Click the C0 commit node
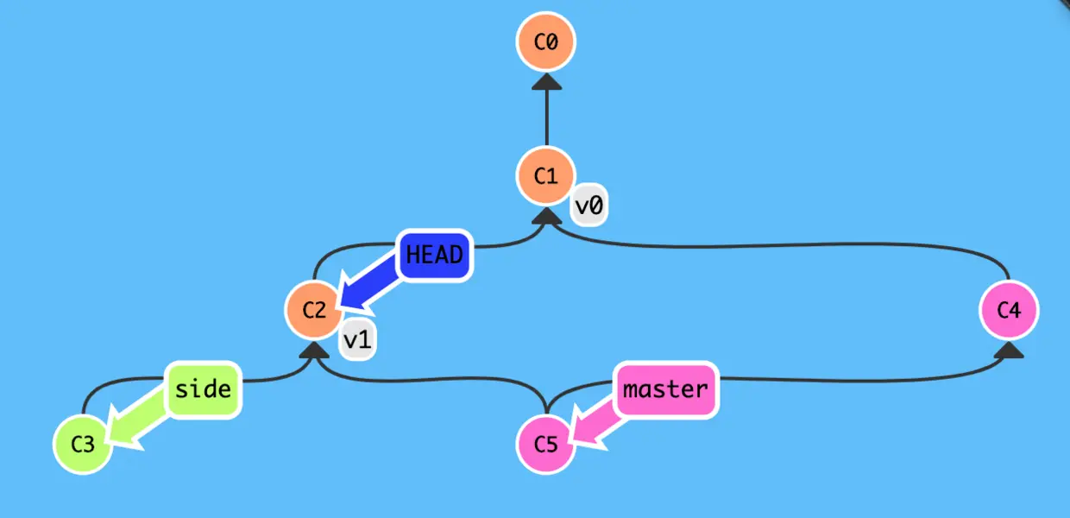(x=545, y=41)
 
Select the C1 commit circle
(x=545, y=176)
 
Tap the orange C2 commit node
(x=314, y=310)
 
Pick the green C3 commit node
(x=82, y=445)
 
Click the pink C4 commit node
(x=1009, y=310)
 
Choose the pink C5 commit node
(x=545, y=445)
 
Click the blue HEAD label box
(x=434, y=256)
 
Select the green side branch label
(x=203, y=389)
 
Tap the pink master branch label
(x=665, y=389)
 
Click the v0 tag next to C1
(x=588, y=207)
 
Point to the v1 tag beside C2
(x=357, y=341)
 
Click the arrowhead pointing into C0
(x=545, y=81)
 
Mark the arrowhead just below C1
(x=545, y=216)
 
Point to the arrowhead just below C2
(x=314, y=351)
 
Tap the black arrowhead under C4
(x=1009, y=351)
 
